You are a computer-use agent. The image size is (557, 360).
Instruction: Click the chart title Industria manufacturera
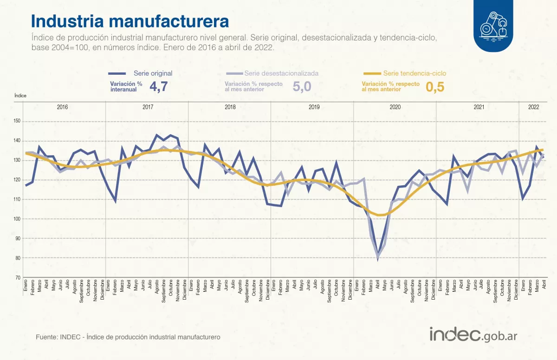(x=130, y=21)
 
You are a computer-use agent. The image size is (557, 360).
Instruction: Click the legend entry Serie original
(x=153, y=73)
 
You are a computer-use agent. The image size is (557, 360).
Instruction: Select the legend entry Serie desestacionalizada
(x=281, y=73)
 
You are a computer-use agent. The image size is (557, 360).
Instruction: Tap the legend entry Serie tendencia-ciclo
(x=415, y=73)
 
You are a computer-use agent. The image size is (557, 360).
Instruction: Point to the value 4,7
(x=158, y=86)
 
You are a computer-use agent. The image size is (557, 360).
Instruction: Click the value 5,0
(x=302, y=86)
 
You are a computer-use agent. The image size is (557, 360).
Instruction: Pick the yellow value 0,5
(x=435, y=86)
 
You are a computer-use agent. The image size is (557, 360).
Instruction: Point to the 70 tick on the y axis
(x=18, y=277)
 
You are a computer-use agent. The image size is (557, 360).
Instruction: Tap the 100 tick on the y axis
(x=17, y=219)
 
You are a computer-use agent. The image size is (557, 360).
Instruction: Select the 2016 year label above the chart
(x=62, y=107)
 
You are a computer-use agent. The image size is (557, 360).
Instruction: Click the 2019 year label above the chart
(x=314, y=107)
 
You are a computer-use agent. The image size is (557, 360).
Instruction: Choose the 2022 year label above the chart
(x=533, y=107)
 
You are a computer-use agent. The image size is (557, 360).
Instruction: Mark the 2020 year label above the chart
(x=395, y=107)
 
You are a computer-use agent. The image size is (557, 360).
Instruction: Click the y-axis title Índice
(x=20, y=95)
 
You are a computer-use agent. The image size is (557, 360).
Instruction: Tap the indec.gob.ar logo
(x=473, y=334)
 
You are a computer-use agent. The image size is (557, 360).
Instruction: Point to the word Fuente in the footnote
(x=46, y=336)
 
